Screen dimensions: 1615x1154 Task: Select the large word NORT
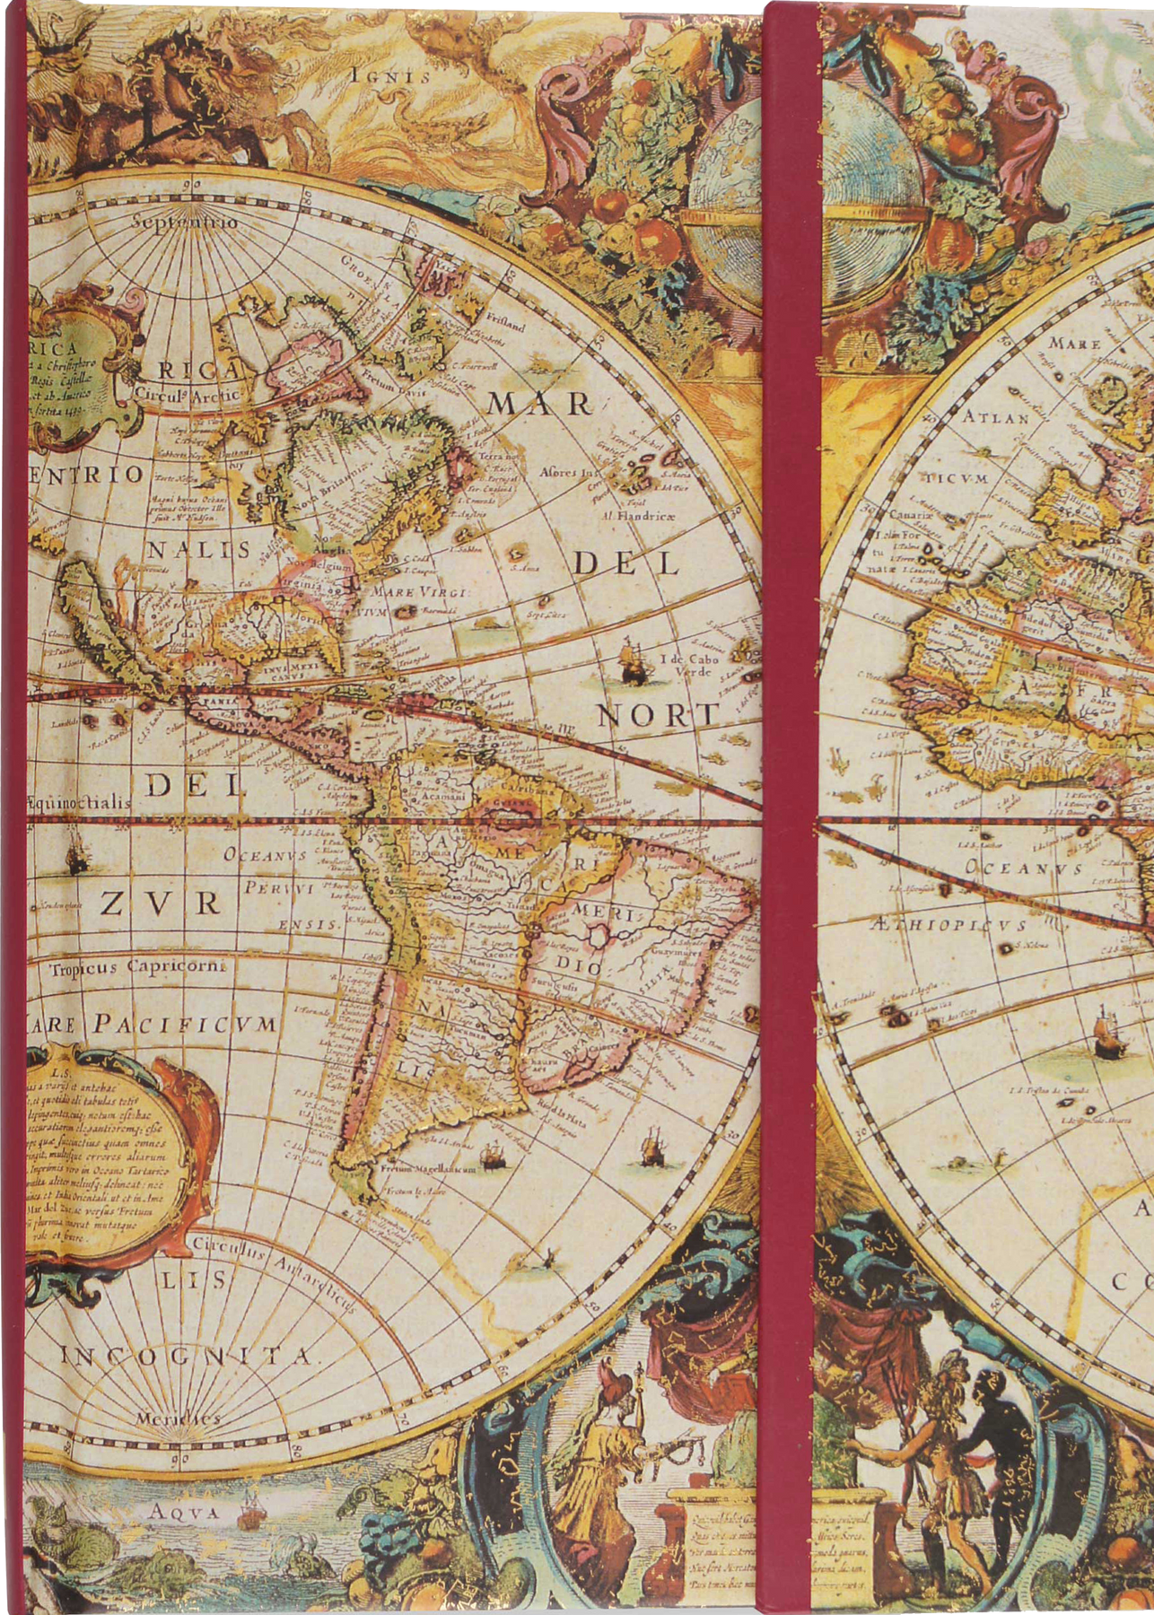(x=659, y=715)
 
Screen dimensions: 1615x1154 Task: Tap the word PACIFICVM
(x=188, y=1024)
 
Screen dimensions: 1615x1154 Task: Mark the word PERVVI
(x=277, y=891)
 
